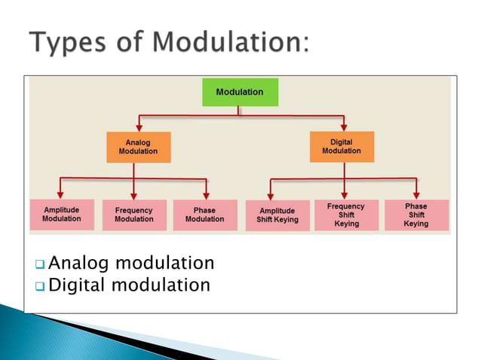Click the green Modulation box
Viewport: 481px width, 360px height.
click(240, 92)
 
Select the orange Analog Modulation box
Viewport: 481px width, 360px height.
click(138, 147)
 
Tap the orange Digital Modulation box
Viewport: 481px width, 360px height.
click(342, 146)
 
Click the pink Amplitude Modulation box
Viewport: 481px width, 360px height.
click(62, 214)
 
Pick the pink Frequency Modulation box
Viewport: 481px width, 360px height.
click(133, 215)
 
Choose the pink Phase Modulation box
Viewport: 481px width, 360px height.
click(204, 215)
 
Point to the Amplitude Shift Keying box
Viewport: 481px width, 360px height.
click(277, 215)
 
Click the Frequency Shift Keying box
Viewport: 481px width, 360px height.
click(347, 215)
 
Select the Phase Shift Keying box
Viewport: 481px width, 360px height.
click(416, 215)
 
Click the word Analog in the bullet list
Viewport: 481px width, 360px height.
click(78, 264)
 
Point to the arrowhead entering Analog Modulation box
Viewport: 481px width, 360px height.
click(138, 128)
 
